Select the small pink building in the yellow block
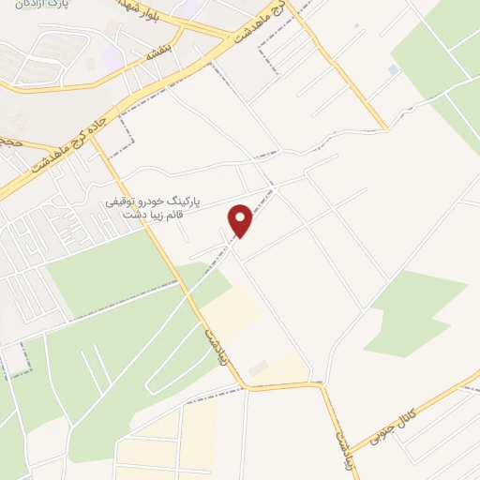(x=258, y=367)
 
